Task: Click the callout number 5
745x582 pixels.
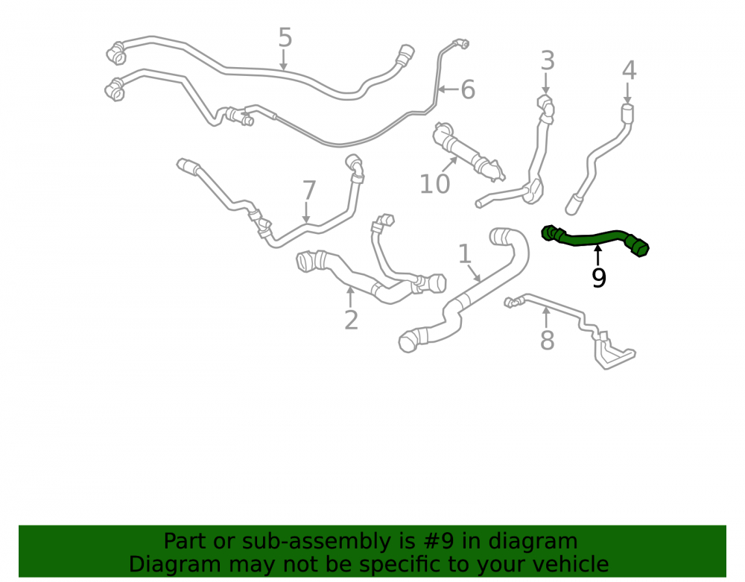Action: (x=285, y=37)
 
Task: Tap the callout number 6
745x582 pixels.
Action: (x=468, y=89)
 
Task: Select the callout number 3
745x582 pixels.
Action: (x=548, y=61)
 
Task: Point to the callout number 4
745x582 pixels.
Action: (x=629, y=70)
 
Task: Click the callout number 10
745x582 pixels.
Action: (x=435, y=184)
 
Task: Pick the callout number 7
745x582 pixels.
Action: (x=309, y=191)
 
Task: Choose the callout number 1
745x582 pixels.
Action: (x=465, y=254)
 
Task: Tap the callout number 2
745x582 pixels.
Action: (x=351, y=320)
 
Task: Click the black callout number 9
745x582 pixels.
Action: (x=599, y=278)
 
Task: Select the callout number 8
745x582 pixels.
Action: (x=548, y=340)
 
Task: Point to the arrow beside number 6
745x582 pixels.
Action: (x=448, y=89)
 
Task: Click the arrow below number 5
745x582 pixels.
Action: (x=284, y=60)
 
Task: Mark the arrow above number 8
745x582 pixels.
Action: (x=546, y=317)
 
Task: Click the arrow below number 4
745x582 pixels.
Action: (x=627, y=93)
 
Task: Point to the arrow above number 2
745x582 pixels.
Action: (x=350, y=296)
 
